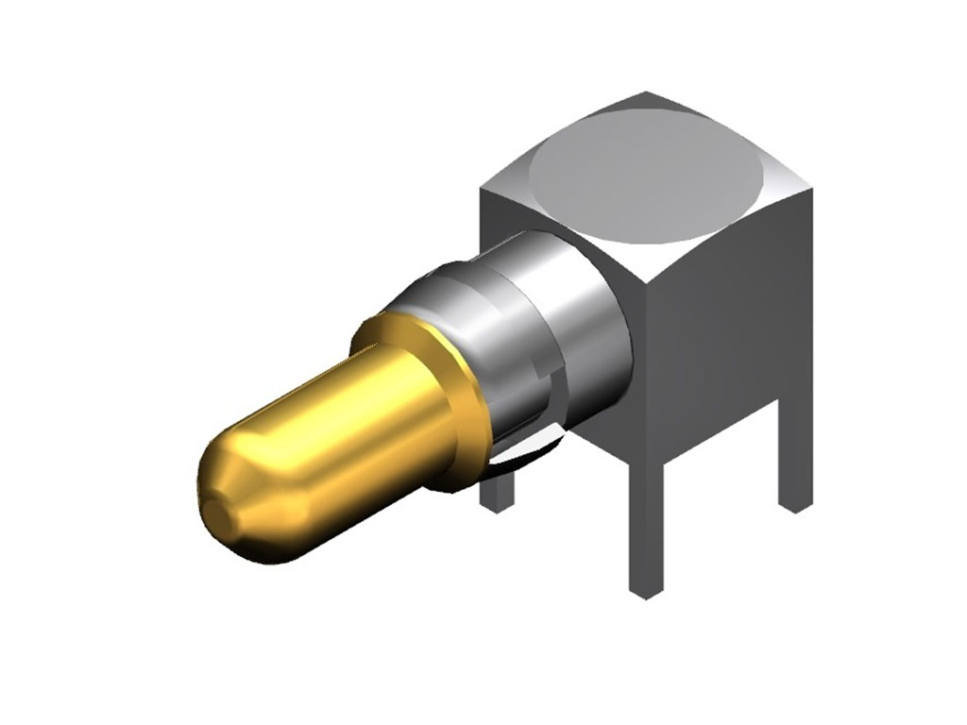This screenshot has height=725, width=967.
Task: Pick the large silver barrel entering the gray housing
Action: pyautogui.click(x=567, y=312)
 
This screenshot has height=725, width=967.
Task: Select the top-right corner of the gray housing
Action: pyautogui.click(x=811, y=189)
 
